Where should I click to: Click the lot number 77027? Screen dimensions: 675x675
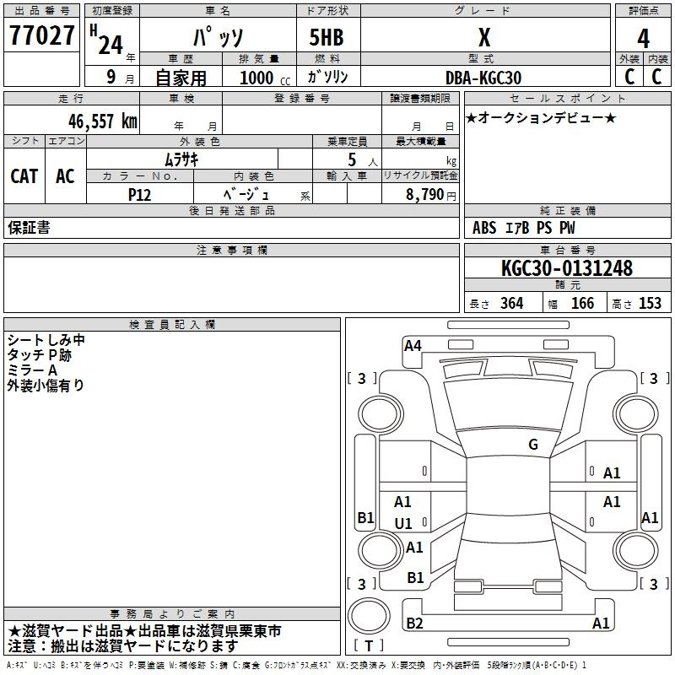pos(41,35)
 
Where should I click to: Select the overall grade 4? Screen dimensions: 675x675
pos(643,39)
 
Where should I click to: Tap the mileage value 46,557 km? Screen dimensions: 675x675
pos(102,121)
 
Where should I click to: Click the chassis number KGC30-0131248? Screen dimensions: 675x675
pos(567,267)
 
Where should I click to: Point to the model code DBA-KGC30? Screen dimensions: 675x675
pos(483,78)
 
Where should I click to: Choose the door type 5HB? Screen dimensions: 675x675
pos(327,37)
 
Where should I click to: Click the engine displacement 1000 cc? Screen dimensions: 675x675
pos(265,78)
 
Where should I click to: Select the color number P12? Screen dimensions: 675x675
pos(139,195)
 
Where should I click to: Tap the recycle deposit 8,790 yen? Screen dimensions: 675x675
pos(431,195)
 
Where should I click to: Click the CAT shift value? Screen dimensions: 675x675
pos(24,176)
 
